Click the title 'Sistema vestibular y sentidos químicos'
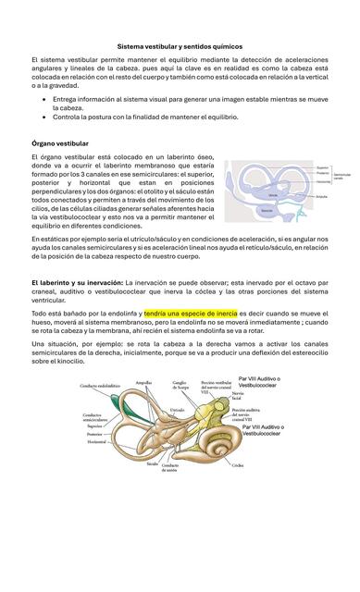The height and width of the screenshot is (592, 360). pyautogui.click(x=180, y=45)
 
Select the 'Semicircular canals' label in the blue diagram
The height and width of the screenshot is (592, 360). pyautogui.click(x=341, y=176)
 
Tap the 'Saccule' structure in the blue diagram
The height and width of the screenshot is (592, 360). pyautogui.click(x=267, y=211)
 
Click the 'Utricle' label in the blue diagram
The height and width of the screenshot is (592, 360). pyautogui.click(x=272, y=195)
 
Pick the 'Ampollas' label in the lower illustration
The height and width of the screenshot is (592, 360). pyautogui.click(x=143, y=381)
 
